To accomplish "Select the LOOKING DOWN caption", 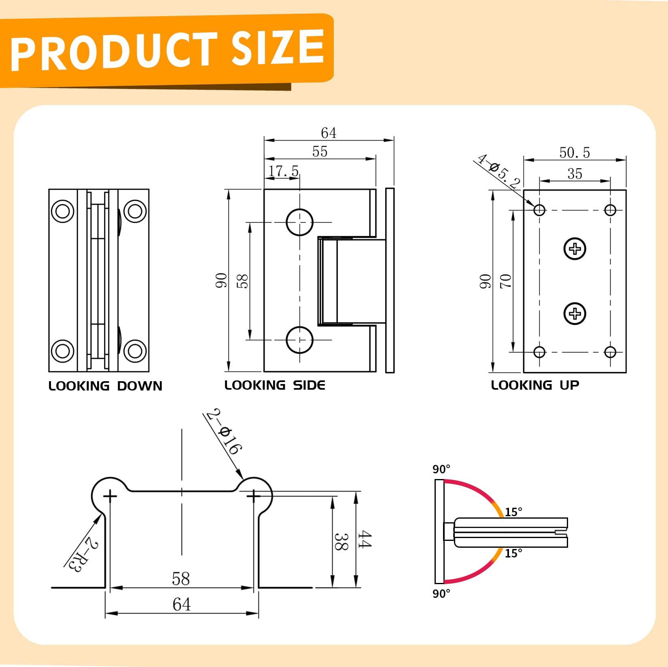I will click(x=105, y=386).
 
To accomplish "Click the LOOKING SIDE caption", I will click(x=275, y=385).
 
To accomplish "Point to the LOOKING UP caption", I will click(x=535, y=385).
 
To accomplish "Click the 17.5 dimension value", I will click(x=284, y=171).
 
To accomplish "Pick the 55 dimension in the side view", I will click(x=320, y=152).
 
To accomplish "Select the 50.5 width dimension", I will click(x=575, y=152).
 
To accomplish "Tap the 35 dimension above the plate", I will click(x=575, y=174).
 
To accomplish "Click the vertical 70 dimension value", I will click(x=506, y=281).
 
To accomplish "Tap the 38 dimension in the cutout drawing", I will click(x=341, y=542).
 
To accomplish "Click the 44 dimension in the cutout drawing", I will click(x=364, y=540).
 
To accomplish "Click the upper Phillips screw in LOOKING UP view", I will click(x=575, y=249).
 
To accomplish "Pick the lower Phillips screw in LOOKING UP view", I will click(x=575, y=313).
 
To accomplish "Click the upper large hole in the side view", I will click(x=299, y=222).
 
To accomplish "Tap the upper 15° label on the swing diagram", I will click(x=513, y=512).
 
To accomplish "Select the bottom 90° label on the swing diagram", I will click(x=441, y=594).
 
